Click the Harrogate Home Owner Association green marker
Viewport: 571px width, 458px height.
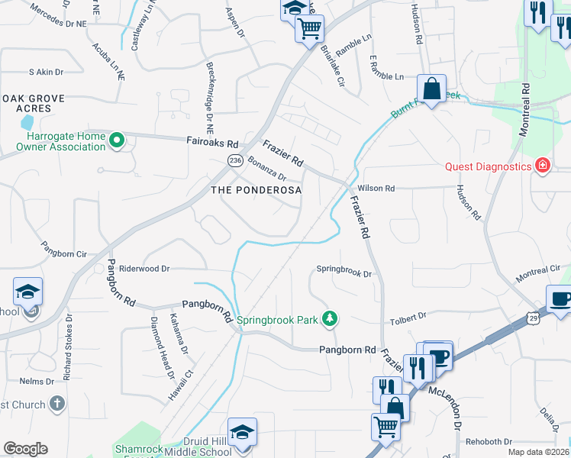point(117,140)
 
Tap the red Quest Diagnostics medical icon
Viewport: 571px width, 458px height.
point(543,165)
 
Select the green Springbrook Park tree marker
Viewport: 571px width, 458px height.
point(330,318)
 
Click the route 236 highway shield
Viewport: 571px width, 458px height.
point(234,159)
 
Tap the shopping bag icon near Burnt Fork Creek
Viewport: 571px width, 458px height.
point(431,89)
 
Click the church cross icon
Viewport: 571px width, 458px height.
point(58,405)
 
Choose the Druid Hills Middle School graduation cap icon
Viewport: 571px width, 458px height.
point(242,432)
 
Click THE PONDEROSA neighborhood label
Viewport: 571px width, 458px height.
point(256,189)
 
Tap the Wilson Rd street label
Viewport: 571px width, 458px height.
point(376,188)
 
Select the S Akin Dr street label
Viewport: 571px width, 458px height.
point(45,72)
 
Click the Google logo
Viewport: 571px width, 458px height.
point(25,449)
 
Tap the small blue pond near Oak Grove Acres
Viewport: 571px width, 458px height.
point(27,122)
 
